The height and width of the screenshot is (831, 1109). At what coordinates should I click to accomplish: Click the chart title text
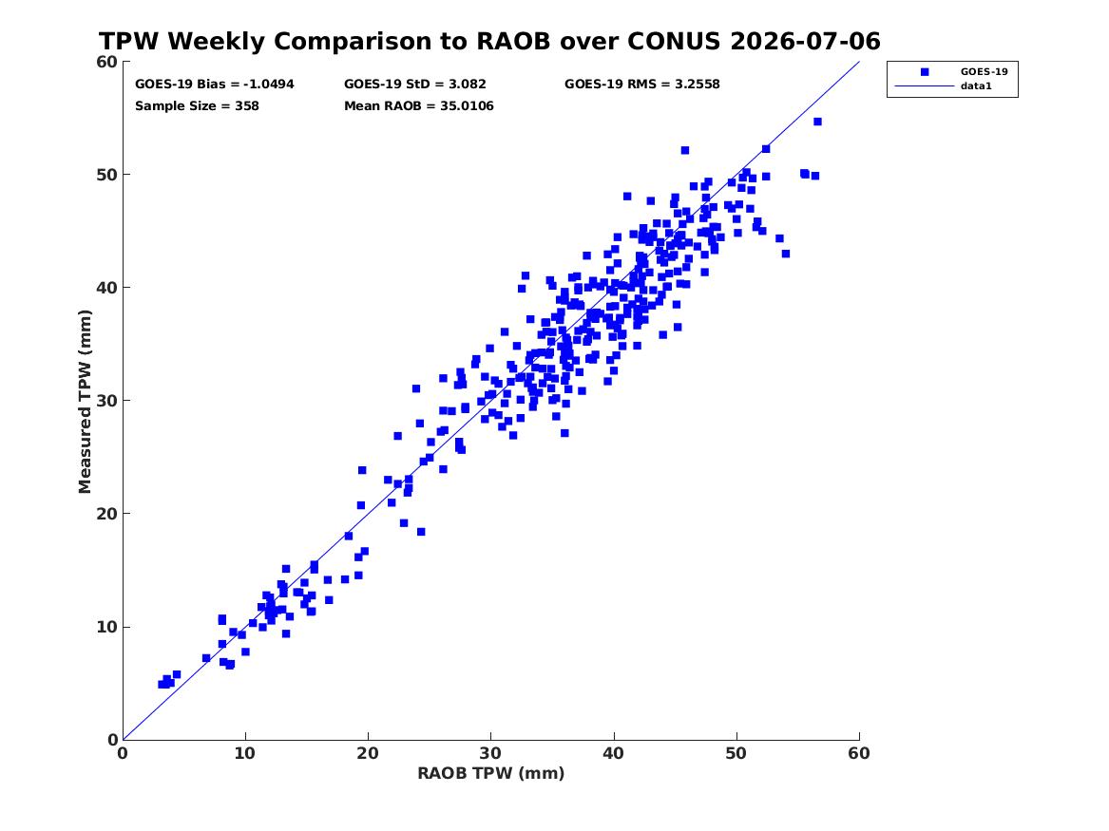[x=489, y=41]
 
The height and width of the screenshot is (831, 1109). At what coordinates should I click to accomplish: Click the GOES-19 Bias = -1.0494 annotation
[x=215, y=85]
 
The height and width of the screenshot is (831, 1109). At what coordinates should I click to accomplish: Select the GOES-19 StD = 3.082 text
[x=415, y=85]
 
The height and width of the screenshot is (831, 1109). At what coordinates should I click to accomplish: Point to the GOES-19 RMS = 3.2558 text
[x=642, y=85]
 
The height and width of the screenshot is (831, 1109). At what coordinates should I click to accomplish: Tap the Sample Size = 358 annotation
[x=197, y=106]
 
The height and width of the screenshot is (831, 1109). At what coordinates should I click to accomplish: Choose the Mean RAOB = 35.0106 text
[x=419, y=106]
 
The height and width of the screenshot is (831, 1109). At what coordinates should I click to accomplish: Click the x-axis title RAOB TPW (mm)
[x=491, y=773]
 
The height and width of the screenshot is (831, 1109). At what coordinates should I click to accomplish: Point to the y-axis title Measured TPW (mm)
[x=85, y=402]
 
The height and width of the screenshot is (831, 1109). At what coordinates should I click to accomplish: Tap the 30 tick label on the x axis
[x=491, y=753]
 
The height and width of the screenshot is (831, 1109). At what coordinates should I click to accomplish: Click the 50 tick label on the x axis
[x=736, y=753]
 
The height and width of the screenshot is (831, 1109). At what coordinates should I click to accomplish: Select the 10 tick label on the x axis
[x=245, y=753]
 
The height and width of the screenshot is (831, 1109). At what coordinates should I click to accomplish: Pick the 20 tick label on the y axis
[x=107, y=514]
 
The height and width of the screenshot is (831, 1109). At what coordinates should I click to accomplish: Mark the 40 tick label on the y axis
[x=107, y=288]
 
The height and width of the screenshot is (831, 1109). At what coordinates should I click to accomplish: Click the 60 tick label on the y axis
[x=107, y=62]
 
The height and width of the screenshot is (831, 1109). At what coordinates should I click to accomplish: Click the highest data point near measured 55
[x=817, y=122]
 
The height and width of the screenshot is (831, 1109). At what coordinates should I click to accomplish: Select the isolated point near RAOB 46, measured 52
[x=684, y=150]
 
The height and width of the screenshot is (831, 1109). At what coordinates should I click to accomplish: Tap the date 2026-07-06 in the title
[x=806, y=41]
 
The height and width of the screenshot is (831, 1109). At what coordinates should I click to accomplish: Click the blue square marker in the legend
[x=925, y=72]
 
